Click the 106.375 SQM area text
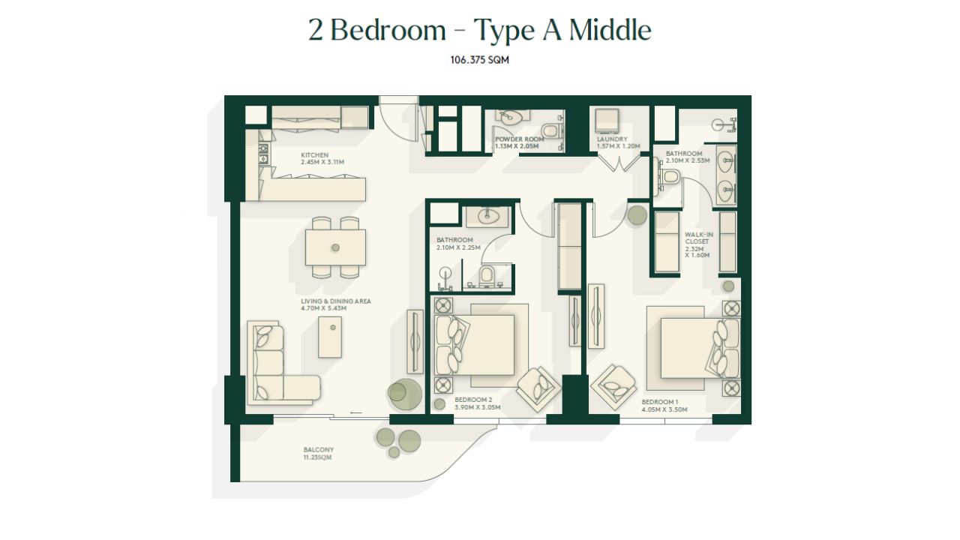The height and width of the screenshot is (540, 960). (x=479, y=60)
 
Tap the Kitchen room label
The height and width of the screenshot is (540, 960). (x=314, y=155)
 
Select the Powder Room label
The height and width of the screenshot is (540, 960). (x=520, y=139)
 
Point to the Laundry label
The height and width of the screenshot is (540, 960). (x=612, y=139)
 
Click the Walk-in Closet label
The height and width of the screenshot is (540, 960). (x=699, y=238)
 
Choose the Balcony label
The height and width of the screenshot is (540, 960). (x=319, y=449)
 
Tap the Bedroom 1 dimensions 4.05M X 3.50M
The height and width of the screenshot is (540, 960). (x=664, y=409)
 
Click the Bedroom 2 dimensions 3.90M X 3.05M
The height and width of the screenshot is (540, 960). (x=478, y=407)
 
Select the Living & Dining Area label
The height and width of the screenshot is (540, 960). (x=335, y=301)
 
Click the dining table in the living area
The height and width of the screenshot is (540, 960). (x=335, y=247)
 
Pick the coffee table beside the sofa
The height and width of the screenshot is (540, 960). (x=330, y=337)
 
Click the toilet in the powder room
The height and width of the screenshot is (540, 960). (x=551, y=130)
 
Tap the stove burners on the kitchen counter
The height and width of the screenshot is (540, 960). (x=263, y=154)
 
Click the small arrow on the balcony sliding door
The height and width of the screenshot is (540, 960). (x=356, y=412)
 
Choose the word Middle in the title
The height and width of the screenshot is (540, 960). (x=610, y=31)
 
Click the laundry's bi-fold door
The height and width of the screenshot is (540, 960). (x=619, y=163)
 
